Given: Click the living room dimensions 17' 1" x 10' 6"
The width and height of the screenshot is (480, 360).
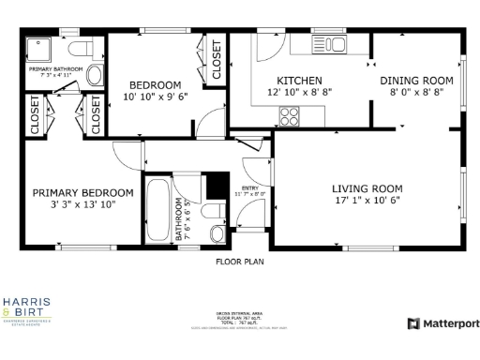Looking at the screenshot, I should point(367,200).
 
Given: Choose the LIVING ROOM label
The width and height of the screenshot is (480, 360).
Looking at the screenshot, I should point(367,187).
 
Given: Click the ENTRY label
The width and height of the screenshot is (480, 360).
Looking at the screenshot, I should point(250,187).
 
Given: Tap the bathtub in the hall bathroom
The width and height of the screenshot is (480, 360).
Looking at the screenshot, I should point(158,211).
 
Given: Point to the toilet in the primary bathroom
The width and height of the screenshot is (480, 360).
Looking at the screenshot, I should point(81,48).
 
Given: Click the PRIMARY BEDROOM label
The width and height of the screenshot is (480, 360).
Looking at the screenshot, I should point(82,192).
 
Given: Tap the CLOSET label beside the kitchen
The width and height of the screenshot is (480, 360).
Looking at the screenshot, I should point(216,61).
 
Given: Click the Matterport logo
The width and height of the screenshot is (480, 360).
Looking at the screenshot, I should point(442,323).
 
